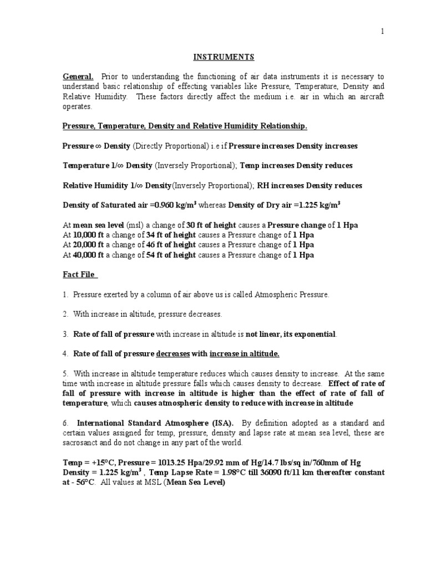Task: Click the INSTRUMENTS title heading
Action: tap(216, 57)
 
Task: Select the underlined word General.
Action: tap(78, 76)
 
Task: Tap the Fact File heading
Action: tap(80, 275)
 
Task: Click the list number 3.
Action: tap(65, 334)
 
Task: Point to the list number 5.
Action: tap(65, 373)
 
